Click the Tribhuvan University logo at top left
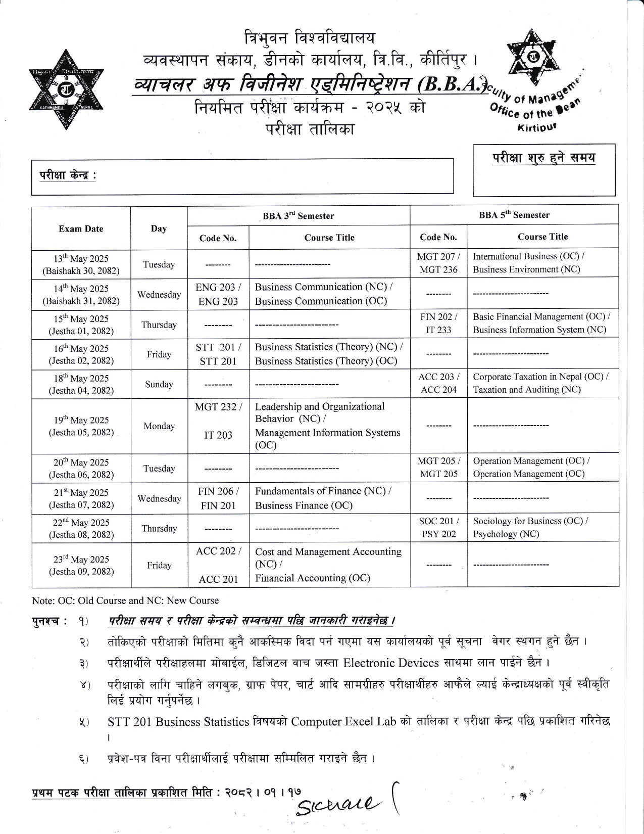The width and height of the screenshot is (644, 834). (66, 89)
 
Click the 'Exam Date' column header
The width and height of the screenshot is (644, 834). (81, 228)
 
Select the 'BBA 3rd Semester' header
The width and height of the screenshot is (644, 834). (298, 216)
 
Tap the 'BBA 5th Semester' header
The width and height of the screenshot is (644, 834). (514, 215)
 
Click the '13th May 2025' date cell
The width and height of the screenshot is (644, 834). (81, 264)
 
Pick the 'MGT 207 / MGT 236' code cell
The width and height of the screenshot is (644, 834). (438, 263)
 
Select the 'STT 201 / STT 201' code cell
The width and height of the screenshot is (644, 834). (218, 354)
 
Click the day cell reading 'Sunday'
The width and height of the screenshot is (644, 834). (159, 384)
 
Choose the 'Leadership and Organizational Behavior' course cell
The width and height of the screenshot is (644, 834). (319, 412)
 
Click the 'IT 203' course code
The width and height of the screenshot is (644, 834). (218, 435)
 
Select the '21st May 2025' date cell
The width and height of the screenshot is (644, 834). (81, 498)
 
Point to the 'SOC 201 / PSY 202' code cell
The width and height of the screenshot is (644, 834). (438, 527)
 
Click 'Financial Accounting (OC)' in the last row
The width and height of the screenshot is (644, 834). (312, 578)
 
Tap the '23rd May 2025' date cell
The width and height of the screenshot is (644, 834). (81, 565)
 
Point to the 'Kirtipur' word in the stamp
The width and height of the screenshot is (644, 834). (537, 127)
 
